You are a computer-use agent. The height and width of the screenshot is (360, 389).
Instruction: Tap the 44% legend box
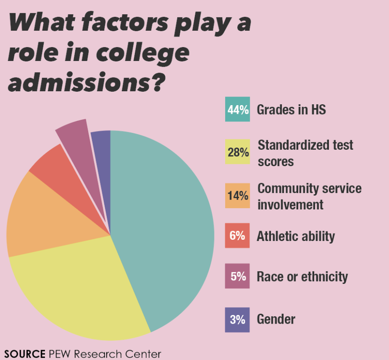[x=237, y=109]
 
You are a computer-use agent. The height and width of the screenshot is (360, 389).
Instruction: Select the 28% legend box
[x=237, y=152]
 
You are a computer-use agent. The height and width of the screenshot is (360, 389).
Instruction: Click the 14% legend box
[x=237, y=196]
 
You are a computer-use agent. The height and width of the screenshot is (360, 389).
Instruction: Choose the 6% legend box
[x=237, y=236]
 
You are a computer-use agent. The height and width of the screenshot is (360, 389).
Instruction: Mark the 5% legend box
[x=237, y=276]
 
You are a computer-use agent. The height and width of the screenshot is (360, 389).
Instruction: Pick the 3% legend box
[x=237, y=320]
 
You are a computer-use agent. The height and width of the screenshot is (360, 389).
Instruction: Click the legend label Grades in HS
[x=291, y=109]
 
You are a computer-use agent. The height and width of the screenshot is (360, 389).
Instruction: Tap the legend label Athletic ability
[x=296, y=236]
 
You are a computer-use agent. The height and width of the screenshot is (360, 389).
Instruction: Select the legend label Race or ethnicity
[x=302, y=276]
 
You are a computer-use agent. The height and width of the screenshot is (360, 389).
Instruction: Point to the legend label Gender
[x=276, y=319]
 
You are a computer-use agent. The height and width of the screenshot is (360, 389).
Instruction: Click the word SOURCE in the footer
[x=25, y=354]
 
